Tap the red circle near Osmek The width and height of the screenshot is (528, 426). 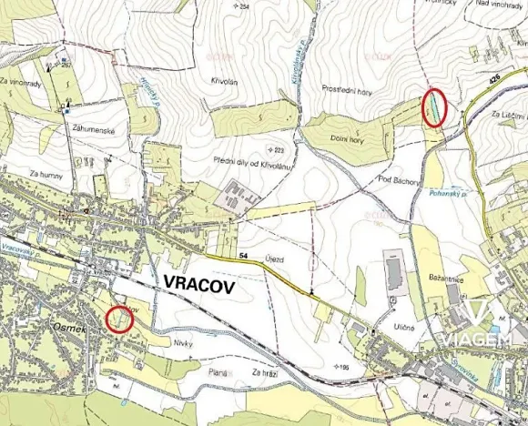tap(117, 319)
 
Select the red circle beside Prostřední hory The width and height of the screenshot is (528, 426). tap(435, 107)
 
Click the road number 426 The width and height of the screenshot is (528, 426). tap(494, 81)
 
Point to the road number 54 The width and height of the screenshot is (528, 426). tap(244, 259)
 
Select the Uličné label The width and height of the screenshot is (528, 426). tap(403, 328)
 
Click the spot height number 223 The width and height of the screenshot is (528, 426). tap(279, 150)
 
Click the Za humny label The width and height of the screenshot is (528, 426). tap(45, 173)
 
